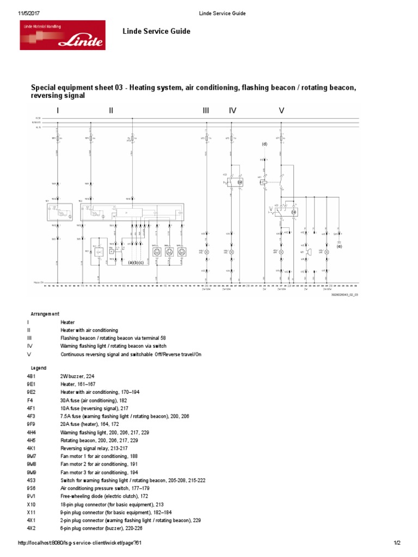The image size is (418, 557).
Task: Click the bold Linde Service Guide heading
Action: (157, 32)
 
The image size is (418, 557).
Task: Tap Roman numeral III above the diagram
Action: (206, 110)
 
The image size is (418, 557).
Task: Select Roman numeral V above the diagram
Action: (281, 110)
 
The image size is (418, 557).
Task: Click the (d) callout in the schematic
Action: (265, 144)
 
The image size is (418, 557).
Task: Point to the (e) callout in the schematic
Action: (339, 246)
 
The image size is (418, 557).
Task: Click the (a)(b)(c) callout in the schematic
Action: (136, 262)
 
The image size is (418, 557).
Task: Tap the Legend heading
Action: (39, 368)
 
